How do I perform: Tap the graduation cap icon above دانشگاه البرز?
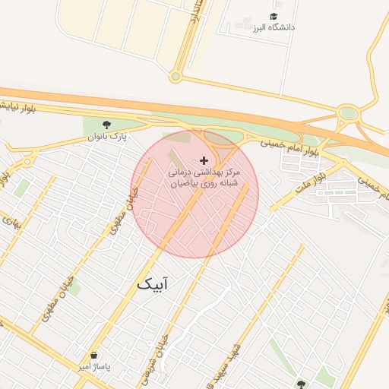click(x=273, y=16)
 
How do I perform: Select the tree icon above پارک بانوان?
click(x=106, y=125)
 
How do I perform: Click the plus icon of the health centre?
click(x=203, y=160)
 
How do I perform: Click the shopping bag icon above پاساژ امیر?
click(x=93, y=356)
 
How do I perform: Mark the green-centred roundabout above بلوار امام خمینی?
click(x=348, y=114)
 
